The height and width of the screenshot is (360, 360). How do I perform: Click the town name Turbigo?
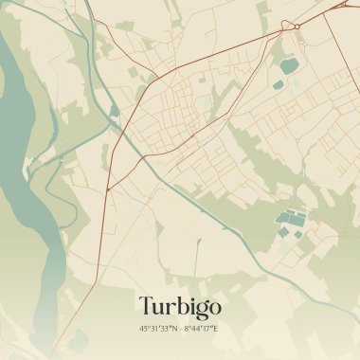(x=179, y=306)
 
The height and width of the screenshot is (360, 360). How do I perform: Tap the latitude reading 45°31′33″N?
(x=157, y=329)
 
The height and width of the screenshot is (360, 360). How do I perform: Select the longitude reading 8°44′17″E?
(x=201, y=329)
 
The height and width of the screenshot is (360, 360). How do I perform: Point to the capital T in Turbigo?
(x=146, y=306)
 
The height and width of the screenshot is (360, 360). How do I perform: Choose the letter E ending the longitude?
(x=216, y=329)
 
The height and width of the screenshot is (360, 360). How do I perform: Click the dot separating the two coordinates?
(x=179, y=329)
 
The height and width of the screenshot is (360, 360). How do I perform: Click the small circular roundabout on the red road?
(x=297, y=26)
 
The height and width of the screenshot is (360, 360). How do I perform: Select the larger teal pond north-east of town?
(x=288, y=65)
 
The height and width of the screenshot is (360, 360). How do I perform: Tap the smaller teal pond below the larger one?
(x=278, y=85)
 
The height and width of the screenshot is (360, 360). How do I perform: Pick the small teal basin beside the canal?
(x=115, y=111)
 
